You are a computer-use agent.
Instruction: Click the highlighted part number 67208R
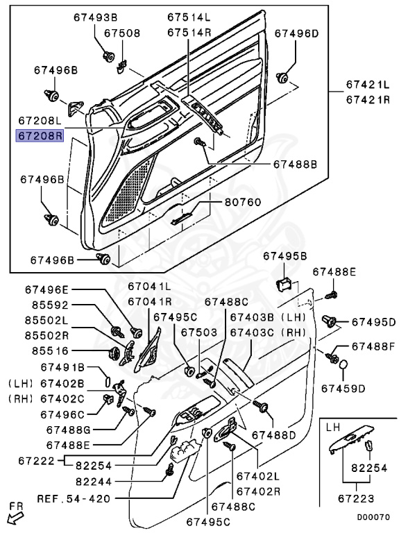40,135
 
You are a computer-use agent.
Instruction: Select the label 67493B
96,17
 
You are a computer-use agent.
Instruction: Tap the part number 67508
122,33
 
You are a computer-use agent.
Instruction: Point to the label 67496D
297,33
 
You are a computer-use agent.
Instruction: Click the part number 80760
243,202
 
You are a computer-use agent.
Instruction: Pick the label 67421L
368,84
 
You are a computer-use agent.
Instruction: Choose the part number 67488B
295,164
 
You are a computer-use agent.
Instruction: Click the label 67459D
343,388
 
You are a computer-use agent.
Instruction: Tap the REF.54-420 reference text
74,499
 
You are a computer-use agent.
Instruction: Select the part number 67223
356,499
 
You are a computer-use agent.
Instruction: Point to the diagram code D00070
373,517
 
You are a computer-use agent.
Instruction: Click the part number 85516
51,350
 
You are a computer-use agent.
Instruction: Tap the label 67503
199,332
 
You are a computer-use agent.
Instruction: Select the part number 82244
94,482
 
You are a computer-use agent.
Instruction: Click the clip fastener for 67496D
282,78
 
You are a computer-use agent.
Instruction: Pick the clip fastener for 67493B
108,56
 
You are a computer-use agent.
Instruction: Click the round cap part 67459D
343,365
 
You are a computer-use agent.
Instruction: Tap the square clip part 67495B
284,284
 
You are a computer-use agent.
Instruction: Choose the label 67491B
62,367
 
